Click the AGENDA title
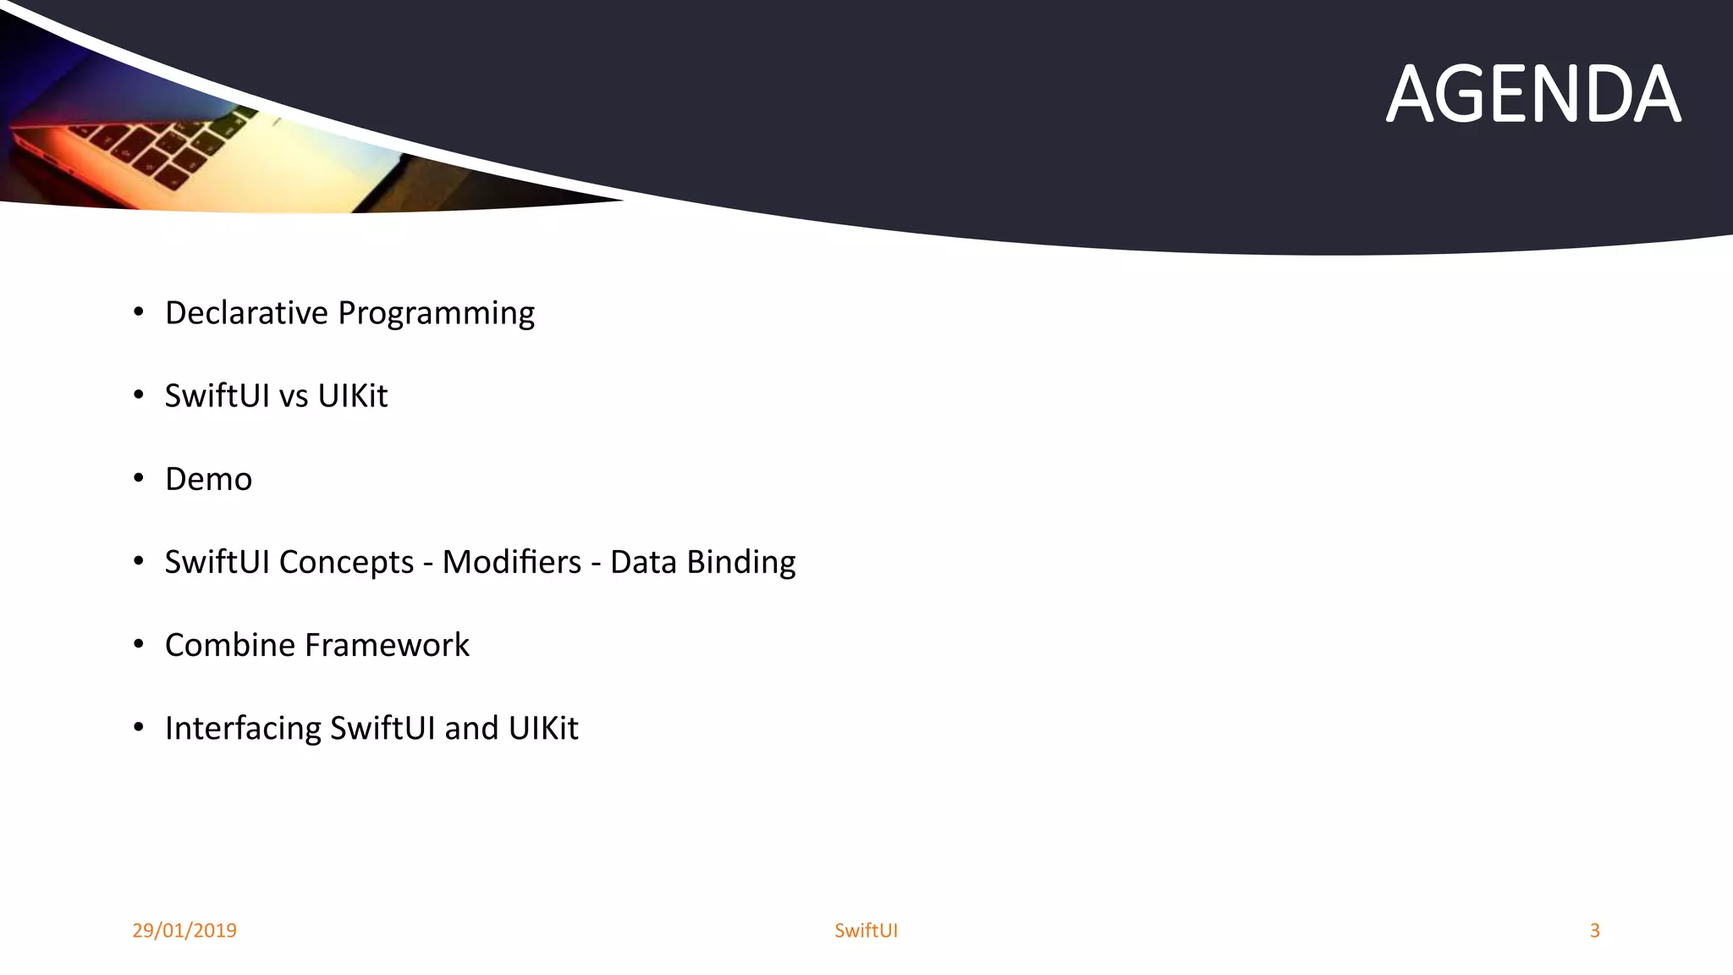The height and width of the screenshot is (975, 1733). (x=1532, y=95)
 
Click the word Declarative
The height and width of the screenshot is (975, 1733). (x=246, y=313)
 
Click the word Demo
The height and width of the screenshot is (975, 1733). (x=208, y=479)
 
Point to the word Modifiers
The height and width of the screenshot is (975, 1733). (x=511, y=562)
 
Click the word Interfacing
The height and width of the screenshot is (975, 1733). (x=243, y=729)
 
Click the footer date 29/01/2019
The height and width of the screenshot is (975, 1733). (x=184, y=930)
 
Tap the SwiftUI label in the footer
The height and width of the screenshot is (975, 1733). (x=866, y=930)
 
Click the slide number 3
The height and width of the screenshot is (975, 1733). (x=1594, y=930)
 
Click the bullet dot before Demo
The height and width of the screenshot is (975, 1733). (x=139, y=479)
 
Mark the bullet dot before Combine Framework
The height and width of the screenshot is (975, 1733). (x=139, y=645)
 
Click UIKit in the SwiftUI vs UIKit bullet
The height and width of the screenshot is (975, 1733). (x=352, y=396)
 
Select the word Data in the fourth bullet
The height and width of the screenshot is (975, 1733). (x=643, y=562)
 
